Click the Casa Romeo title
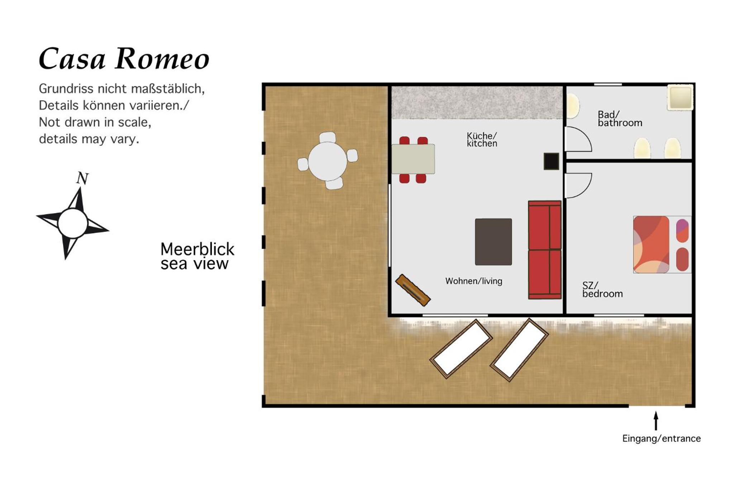pyautogui.click(x=124, y=58)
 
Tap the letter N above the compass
pyautogui.click(x=82, y=178)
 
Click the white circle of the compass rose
pyautogui.click(x=73, y=223)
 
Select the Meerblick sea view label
pyautogui.click(x=197, y=256)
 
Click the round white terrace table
pyautogui.click(x=327, y=161)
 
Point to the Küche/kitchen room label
pyautogui.click(x=482, y=139)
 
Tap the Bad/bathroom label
pyautogui.click(x=620, y=119)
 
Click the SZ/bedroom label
pyautogui.click(x=602, y=289)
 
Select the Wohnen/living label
pyautogui.click(x=473, y=281)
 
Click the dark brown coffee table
pyautogui.click(x=493, y=242)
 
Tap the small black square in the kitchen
pyautogui.click(x=551, y=161)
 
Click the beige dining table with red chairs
pyautogui.click(x=413, y=159)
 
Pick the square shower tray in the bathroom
pyautogui.click(x=680, y=97)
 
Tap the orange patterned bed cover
pyautogui.click(x=651, y=244)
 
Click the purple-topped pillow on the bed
pyautogui.click(x=682, y=230)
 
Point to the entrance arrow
pyautogui.click(x=656, y=420)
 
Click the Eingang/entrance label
pyautogui.click(x=661, y=438)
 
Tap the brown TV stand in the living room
pyautogui.click(x=413, y=290)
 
